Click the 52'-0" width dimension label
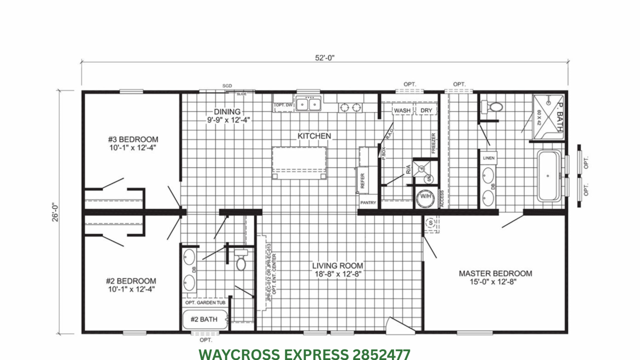point(324,57)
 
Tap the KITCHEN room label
point(314,136)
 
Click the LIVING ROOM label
point(337,265)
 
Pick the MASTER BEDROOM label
point(495,273)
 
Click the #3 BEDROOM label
point(133,139)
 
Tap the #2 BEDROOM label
point(131,281)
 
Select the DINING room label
point(227,111)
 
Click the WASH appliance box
point(402,110)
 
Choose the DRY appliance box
point(426,110)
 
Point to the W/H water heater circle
point(425,196)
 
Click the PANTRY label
point(367,203)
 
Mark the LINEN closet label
point(488,157)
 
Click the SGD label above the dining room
point(227,86)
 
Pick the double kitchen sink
point(308,104)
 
